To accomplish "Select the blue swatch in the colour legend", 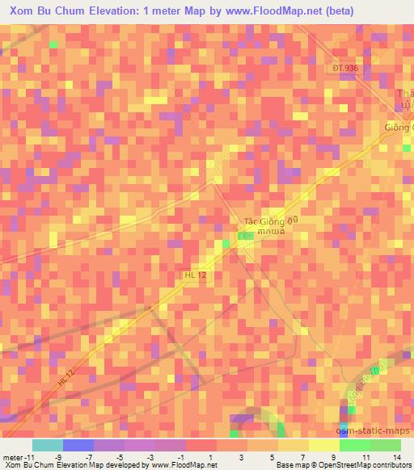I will (78, 445).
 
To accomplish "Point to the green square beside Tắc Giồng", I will (245, 234).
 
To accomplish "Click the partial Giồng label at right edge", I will (398, 127).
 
